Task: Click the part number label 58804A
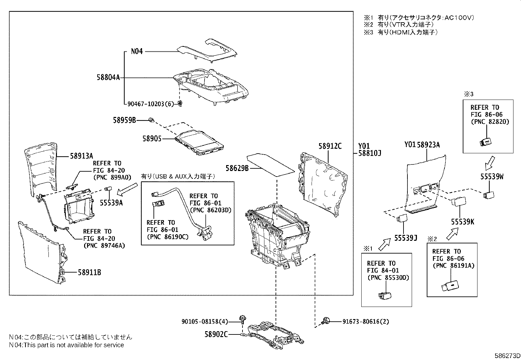coord(108,78)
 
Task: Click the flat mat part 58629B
coord(270,164)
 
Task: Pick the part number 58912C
coord(330,146)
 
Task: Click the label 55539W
coord(492,177)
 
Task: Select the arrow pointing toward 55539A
coord(128,189)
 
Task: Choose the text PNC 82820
coord(490,122)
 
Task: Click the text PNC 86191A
coord(453,266)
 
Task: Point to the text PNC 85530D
coord(388,278)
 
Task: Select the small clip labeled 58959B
coord(152,120)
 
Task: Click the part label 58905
coord(152,139)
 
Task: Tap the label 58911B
coord(89,272)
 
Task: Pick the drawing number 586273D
coord(507,356)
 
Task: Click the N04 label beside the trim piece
coord(137,51)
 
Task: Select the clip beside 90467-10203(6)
coord(180,104)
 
